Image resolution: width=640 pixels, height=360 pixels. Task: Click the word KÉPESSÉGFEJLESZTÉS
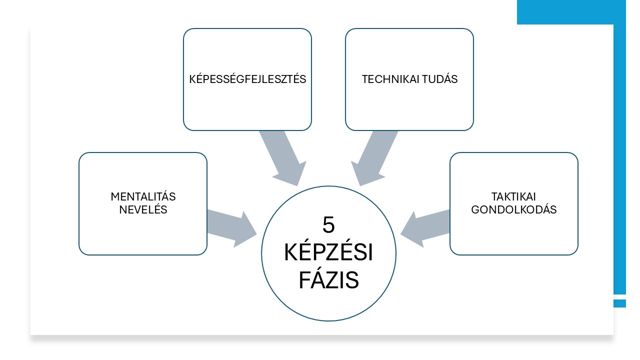coord(247,79)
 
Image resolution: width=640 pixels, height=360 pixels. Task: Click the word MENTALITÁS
coord(143,197)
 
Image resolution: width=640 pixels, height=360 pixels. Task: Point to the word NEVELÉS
coord(143,210)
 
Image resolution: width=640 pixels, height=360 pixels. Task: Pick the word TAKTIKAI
coord(514,197)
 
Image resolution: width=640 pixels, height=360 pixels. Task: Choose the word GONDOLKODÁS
coord(514,210)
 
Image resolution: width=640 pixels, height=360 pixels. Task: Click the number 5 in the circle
coord(328,225)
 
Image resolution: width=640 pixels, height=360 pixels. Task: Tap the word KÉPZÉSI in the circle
coord(328,253)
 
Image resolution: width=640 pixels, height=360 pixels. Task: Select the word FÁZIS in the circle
coord(328,280)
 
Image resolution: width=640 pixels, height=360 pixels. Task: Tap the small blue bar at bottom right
coord(619,303)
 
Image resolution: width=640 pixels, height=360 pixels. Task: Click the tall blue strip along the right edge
coord(619,160)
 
